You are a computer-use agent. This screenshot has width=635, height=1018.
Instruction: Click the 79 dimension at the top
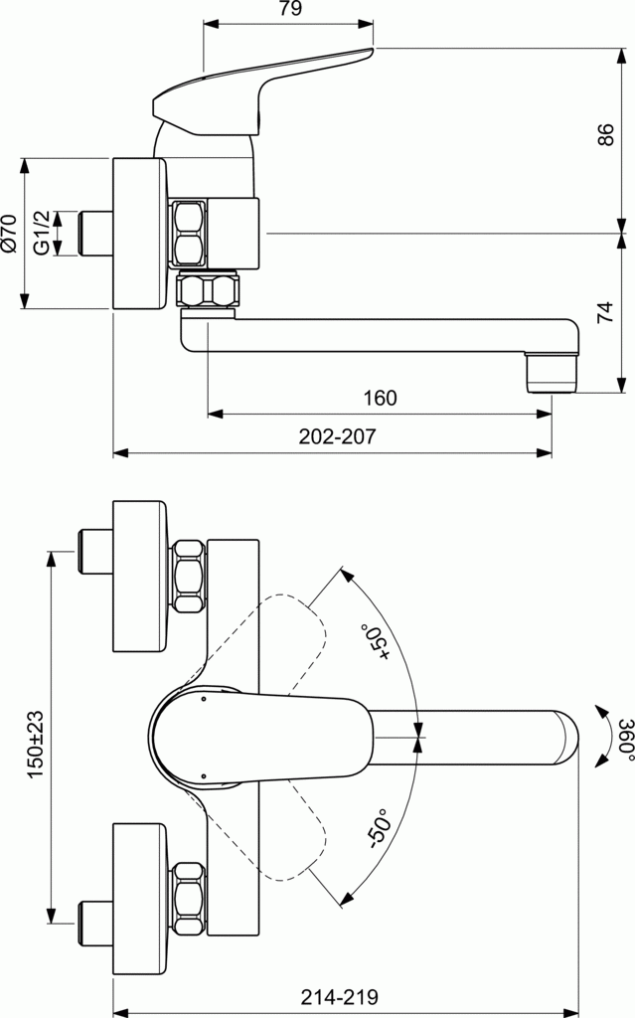pos(289,10)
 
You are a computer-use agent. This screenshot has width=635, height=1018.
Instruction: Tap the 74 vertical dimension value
pos(606,313)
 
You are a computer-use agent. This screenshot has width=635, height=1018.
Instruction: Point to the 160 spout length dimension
pos(380,399)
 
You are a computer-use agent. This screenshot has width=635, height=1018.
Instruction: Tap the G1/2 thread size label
pos(42,233)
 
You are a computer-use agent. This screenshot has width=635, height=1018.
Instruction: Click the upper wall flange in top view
pos(140,577)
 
